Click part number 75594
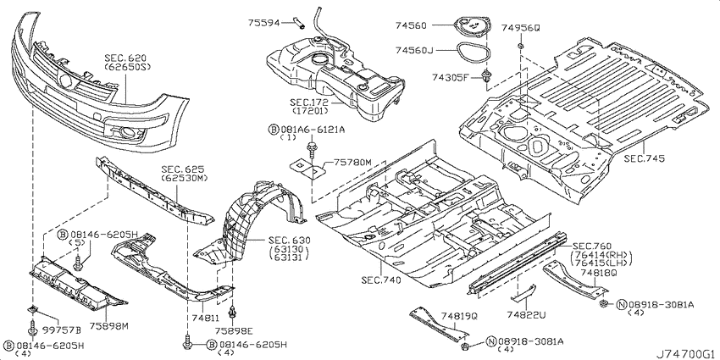click(264, 22)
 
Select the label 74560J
click(413, 50)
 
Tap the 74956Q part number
click(520, 28)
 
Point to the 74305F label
click(450, 77)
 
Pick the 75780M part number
click(352, 162)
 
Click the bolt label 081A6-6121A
click(311, 130)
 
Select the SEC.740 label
click(380, 280)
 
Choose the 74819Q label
click(460, 317)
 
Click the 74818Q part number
click(598, 274)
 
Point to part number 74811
click(205, 318)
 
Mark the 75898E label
click(235, 330)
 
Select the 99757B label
click(62, 330)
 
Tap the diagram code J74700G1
click(686, 354)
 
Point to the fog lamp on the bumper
click(126, 133)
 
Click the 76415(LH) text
click(601, 263)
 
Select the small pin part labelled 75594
click(297, 22)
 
